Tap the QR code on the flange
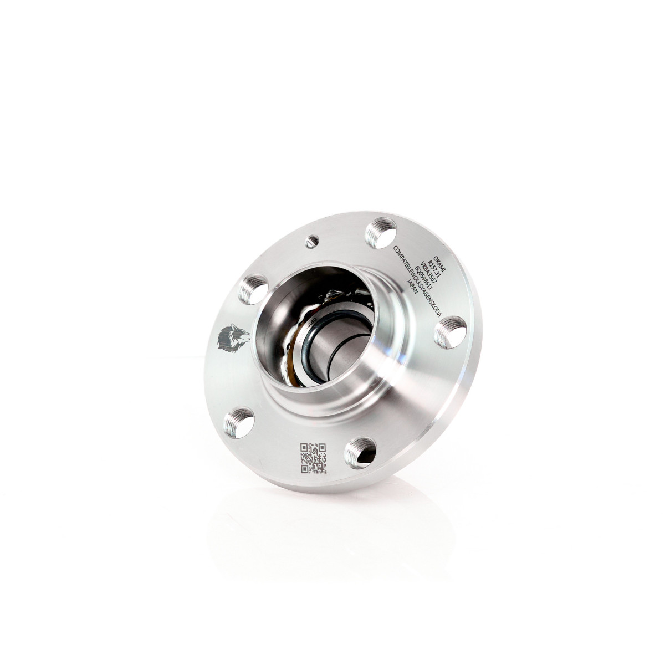313,458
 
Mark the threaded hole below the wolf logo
239,422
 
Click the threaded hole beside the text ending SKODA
449,331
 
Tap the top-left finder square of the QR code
304,448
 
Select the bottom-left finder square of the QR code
305,469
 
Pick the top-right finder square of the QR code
322,448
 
